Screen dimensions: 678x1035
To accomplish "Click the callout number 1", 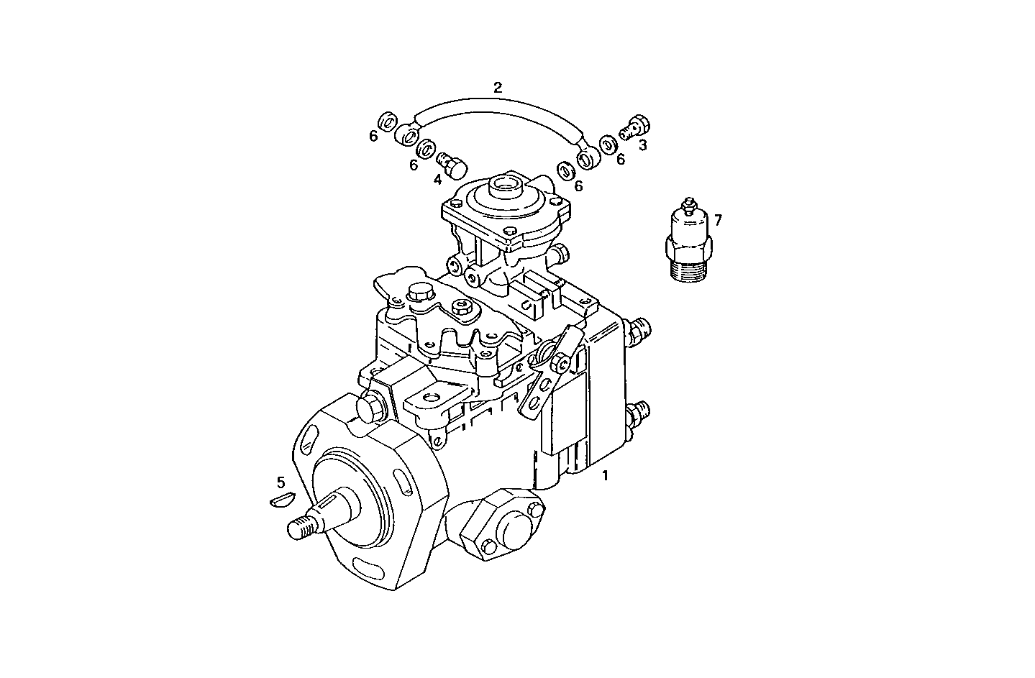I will pyautogui.click(x=605, y=475).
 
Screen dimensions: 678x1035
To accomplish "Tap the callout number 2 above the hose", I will pyautogui.click(x=498, y=88).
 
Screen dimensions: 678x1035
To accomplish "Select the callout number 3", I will pyautogui.click(x=642, y=145).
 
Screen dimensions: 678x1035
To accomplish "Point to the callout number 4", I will pyautogui.click(x=438, y=179).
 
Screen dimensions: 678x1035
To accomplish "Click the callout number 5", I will pyautogui.click(x=281, y=481).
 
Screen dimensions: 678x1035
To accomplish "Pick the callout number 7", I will pyautogui.click(x=717, y=219).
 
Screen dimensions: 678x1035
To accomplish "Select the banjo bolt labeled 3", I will pyautogui.click(x=635, y=127).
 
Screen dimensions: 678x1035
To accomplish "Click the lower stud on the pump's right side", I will pyautogui.click(x=638, y=415).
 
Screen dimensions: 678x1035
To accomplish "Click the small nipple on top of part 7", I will pyautogui.click(x=690, y=203).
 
